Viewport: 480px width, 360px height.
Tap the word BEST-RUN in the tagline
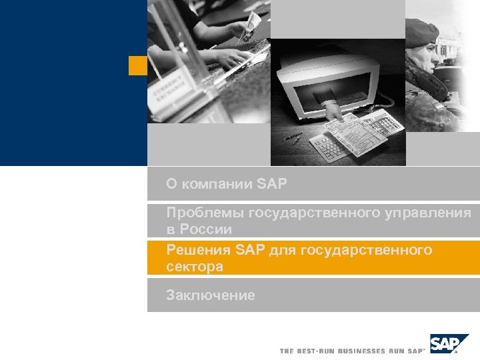click(314, 351)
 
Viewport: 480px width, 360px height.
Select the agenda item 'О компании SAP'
click(227, 183)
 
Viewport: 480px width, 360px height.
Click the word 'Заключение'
click(211, 295)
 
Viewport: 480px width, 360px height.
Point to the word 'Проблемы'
click(205, 213)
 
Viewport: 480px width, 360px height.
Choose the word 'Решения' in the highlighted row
click(198, 250)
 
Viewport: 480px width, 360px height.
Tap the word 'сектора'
click(195, 267)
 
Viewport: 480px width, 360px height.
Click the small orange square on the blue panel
click(137, 65)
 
